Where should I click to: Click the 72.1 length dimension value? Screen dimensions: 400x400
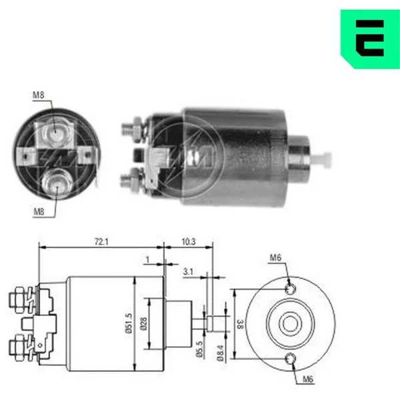click(101, 241)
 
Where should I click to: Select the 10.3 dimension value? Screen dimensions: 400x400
click(189, 241)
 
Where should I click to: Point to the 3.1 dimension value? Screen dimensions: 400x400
click(188, 272)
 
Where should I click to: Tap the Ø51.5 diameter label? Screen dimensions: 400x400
click(129, 323)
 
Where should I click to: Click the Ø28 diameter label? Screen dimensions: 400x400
click(143, 324)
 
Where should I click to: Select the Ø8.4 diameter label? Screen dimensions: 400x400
click(221, 353)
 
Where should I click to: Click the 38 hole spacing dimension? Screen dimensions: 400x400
click(240, 324)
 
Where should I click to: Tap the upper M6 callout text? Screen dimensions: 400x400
click(275, 257)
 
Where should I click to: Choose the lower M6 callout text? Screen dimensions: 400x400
click(308, 379)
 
